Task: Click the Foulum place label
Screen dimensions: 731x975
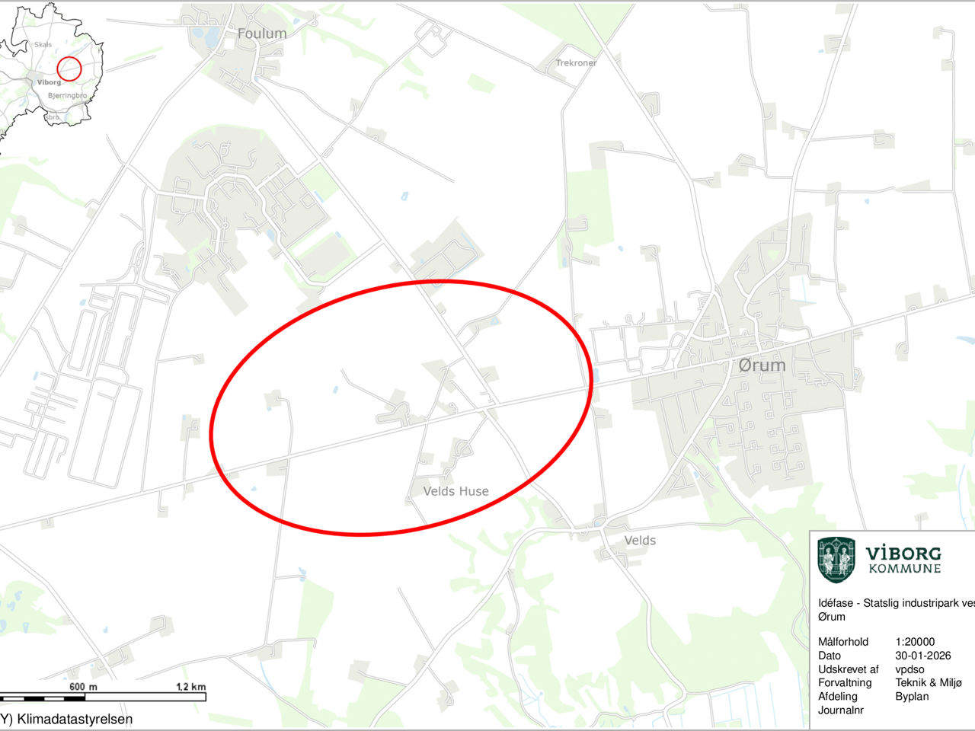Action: coord(262,34)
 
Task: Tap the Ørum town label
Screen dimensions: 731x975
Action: coord(762,365)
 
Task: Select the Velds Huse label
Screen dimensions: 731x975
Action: coord(456,491)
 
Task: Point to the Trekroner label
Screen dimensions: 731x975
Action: coord(576,62)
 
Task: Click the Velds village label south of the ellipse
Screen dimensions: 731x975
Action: coord(640,540)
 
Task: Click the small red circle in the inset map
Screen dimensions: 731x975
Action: coord(69,69)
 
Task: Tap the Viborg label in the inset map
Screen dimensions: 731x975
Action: coord(49,82)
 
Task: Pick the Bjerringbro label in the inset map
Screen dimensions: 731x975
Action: coord(67,96)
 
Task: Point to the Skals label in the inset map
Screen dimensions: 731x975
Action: coord(43,45)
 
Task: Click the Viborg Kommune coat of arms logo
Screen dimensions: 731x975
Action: coord(836,560)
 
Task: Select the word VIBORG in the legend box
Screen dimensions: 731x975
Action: coord(903,554)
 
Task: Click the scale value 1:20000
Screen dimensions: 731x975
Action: coord(915,642)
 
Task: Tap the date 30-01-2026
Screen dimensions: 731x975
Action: coord(923,656)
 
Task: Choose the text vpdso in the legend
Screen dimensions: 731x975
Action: coord(909,669)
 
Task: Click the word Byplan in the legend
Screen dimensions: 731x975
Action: coord(912,697)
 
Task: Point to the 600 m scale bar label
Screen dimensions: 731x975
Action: coord(83,687)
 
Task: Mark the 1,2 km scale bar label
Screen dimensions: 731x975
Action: coord(190,687)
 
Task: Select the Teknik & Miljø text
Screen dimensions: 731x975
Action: coord(929,683)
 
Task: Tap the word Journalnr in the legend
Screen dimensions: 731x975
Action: coord(841,710)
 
